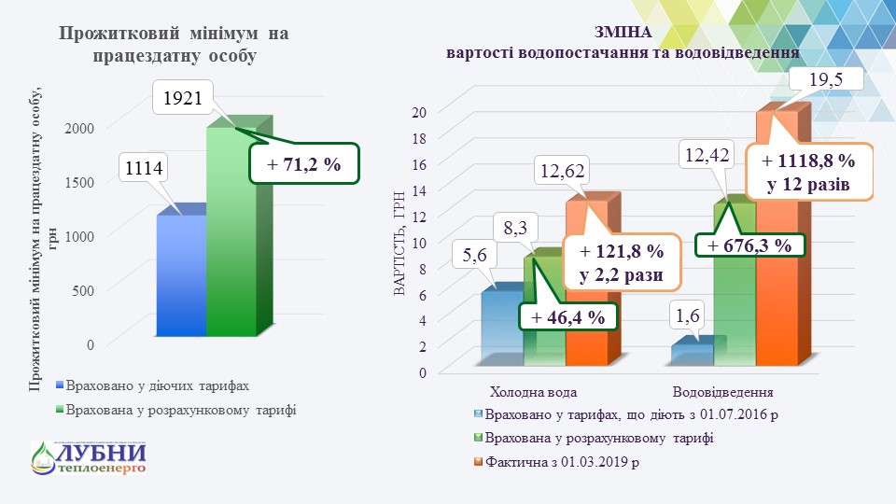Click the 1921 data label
click(x=183, y=97)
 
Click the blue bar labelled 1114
click(x=181, y=275)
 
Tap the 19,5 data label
click(x=826, y=79)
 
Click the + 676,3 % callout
click(x=749, y=245)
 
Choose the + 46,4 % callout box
click(x=567, y=317)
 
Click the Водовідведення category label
click(x=722, y=390)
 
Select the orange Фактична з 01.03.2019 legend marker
click(x=478, y=461)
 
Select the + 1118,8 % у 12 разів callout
click(x=806, y=171)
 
